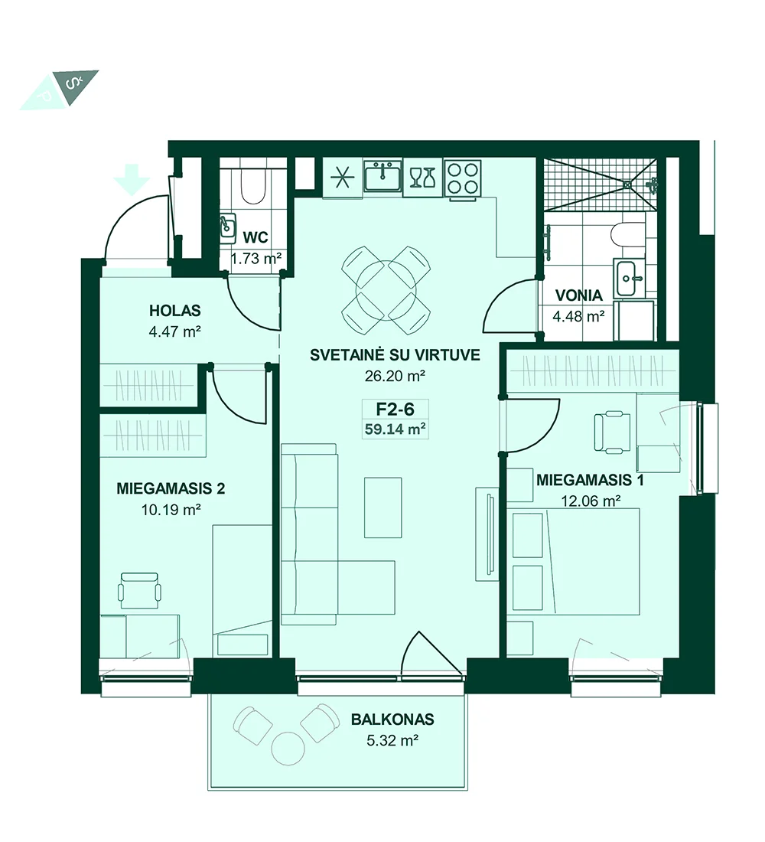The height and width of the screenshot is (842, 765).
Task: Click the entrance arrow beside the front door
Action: click(132, 179)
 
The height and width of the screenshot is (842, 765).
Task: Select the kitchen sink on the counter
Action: click(382, 175)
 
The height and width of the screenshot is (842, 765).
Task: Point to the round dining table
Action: click(386, 289)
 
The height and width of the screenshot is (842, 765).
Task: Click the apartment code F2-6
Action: click(395, 410)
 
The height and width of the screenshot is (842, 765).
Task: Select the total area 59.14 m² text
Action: click(395, 429)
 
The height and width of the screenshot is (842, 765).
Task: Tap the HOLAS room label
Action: click(175, 310)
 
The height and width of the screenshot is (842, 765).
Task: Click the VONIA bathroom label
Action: click(578, 295)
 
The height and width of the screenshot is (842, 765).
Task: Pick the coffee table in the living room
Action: click(382, 507)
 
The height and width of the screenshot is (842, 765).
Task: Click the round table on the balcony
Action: click(288, 748)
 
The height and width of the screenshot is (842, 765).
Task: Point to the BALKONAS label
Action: click(392, 719)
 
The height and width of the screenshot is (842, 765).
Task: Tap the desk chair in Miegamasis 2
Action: click(139, 590)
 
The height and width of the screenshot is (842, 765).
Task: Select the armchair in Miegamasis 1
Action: click(613, 431)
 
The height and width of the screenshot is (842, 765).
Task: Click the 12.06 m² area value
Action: click(591, 501)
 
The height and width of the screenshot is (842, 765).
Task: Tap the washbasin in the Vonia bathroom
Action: click(630, 278)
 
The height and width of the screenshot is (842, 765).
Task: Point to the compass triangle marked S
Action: click(76, 86)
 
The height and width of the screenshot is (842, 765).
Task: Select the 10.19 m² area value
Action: click(171, 510)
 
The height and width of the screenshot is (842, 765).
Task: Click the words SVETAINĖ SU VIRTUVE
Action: click(395, 355)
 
